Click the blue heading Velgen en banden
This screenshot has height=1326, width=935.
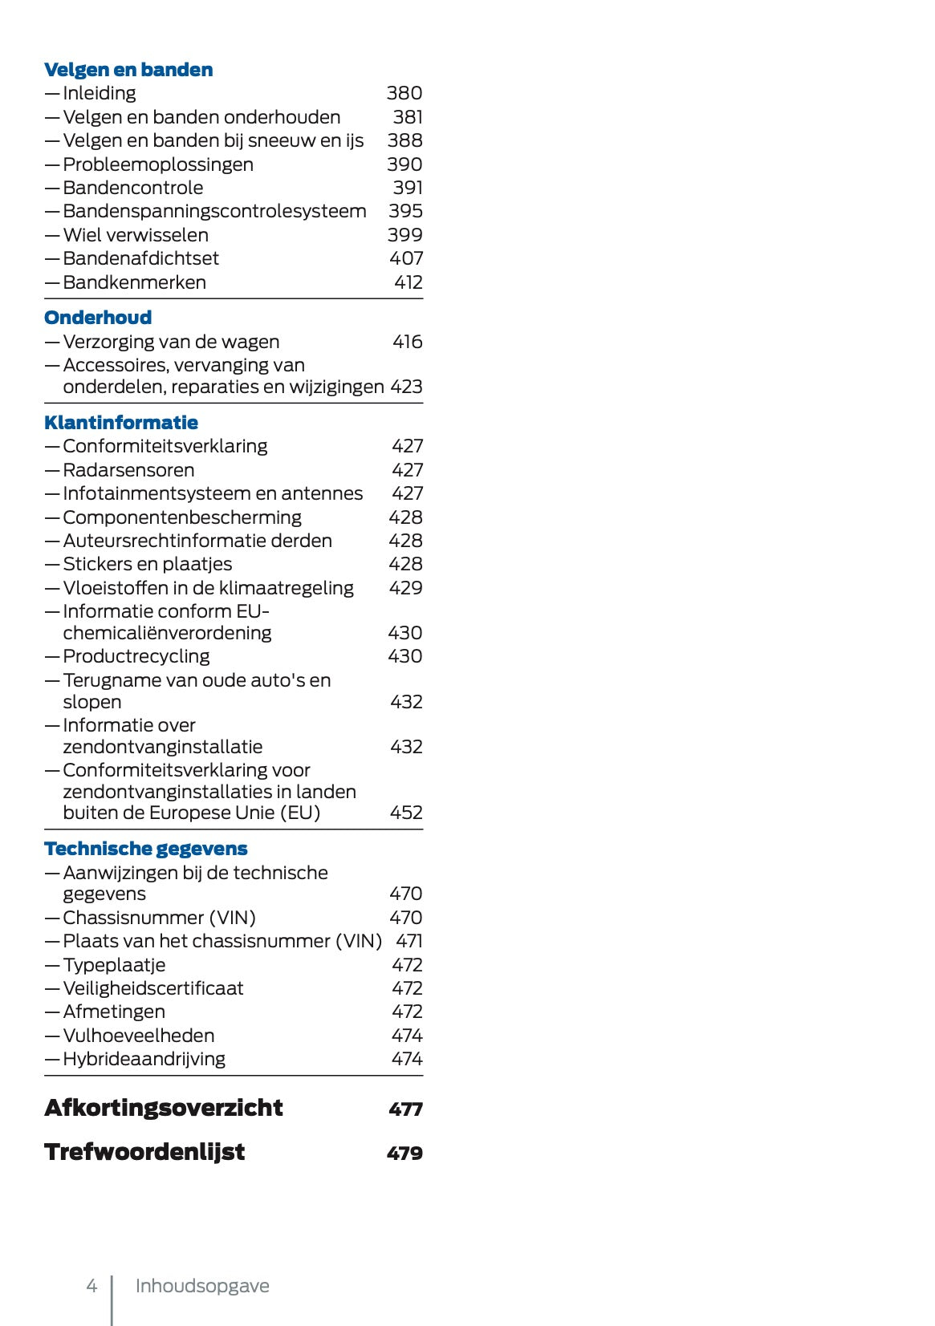coord(128,70)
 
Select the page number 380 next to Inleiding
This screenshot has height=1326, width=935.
coord(404,93)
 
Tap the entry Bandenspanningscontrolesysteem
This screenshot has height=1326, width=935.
coord(214,211)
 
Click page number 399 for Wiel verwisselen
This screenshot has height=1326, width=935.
coord(404,235)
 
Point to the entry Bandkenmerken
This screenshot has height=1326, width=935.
coord(134,282)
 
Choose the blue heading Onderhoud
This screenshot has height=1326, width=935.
coord(98,318)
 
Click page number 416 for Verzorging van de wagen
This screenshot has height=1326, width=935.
coord(407,342)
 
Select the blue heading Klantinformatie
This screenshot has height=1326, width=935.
coord(121,423)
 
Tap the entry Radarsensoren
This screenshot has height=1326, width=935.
coord(128,470)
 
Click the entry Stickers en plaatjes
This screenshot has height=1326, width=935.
coord(147,564)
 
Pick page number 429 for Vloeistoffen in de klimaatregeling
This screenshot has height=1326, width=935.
coord(405,588)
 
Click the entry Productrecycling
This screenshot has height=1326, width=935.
coord(136,656)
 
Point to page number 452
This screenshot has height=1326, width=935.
coord(405,813)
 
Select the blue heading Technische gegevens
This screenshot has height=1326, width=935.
coord(146,849)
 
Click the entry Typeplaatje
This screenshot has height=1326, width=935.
coord(114,965)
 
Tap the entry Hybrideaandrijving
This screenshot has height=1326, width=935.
coord(144,1059)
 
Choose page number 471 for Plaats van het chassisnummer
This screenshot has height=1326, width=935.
coord(409,941)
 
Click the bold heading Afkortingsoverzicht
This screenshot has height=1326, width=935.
coord(164,1108)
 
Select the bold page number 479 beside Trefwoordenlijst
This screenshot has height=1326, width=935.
coord(404,1153)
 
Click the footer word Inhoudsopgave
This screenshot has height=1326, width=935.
coord(202,1286)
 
